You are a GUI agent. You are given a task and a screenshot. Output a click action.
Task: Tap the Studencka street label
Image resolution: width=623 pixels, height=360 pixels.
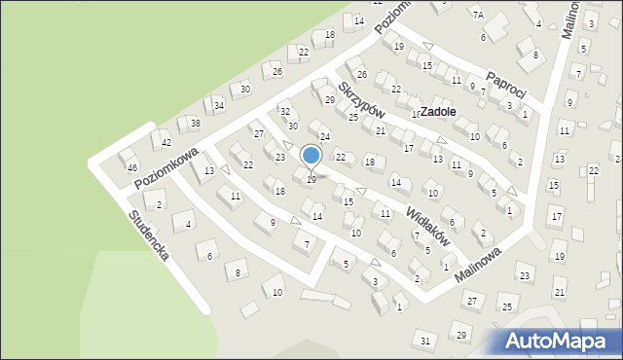150,235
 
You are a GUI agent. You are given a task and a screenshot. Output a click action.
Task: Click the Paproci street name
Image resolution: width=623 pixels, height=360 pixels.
506,85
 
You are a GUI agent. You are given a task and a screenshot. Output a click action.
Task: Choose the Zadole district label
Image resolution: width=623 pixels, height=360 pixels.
440,112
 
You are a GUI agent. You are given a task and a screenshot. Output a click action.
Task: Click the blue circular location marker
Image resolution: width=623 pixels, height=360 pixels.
311,155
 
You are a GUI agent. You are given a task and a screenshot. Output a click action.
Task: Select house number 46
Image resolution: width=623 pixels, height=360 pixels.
132,168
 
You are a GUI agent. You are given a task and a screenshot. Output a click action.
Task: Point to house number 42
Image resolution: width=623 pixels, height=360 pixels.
166,143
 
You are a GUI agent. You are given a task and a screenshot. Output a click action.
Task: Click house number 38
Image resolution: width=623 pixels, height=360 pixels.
196,124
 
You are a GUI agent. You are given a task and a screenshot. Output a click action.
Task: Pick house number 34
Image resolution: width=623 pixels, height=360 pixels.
220,105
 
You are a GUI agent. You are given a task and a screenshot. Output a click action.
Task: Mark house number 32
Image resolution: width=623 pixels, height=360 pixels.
285,113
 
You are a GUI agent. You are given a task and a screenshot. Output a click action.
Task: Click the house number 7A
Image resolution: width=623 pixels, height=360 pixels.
478,15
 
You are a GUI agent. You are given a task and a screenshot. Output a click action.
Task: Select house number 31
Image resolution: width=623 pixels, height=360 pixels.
425,340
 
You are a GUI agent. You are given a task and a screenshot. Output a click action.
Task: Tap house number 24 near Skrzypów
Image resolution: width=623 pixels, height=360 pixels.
325,136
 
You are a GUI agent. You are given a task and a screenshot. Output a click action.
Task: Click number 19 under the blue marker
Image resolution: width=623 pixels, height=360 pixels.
311,180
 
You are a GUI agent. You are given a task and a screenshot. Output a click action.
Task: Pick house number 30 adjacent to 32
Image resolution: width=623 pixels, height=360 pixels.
292,126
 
